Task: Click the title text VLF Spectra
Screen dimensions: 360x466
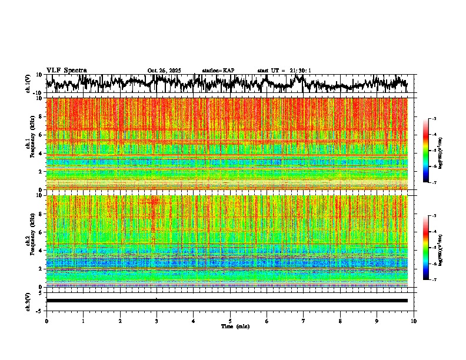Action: pos(66,71)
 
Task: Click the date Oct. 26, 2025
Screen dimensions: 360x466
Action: pos(164,71)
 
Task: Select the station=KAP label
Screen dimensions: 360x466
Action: pos(218,71)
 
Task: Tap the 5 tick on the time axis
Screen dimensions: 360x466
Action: pos(230,321)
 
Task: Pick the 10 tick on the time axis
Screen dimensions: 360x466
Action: pos(414,321)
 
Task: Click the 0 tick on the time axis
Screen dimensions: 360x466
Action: pos(46,321)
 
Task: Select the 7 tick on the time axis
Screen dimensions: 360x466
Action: pos(304,321)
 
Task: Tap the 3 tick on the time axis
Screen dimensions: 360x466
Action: pos(157,321)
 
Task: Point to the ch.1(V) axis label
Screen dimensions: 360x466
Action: pos(28,84)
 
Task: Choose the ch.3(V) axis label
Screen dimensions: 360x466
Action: pos(28,301)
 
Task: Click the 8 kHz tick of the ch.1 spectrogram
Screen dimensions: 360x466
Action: pos(41,116)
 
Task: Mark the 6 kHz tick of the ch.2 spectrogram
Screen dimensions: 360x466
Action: pos(41,232)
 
